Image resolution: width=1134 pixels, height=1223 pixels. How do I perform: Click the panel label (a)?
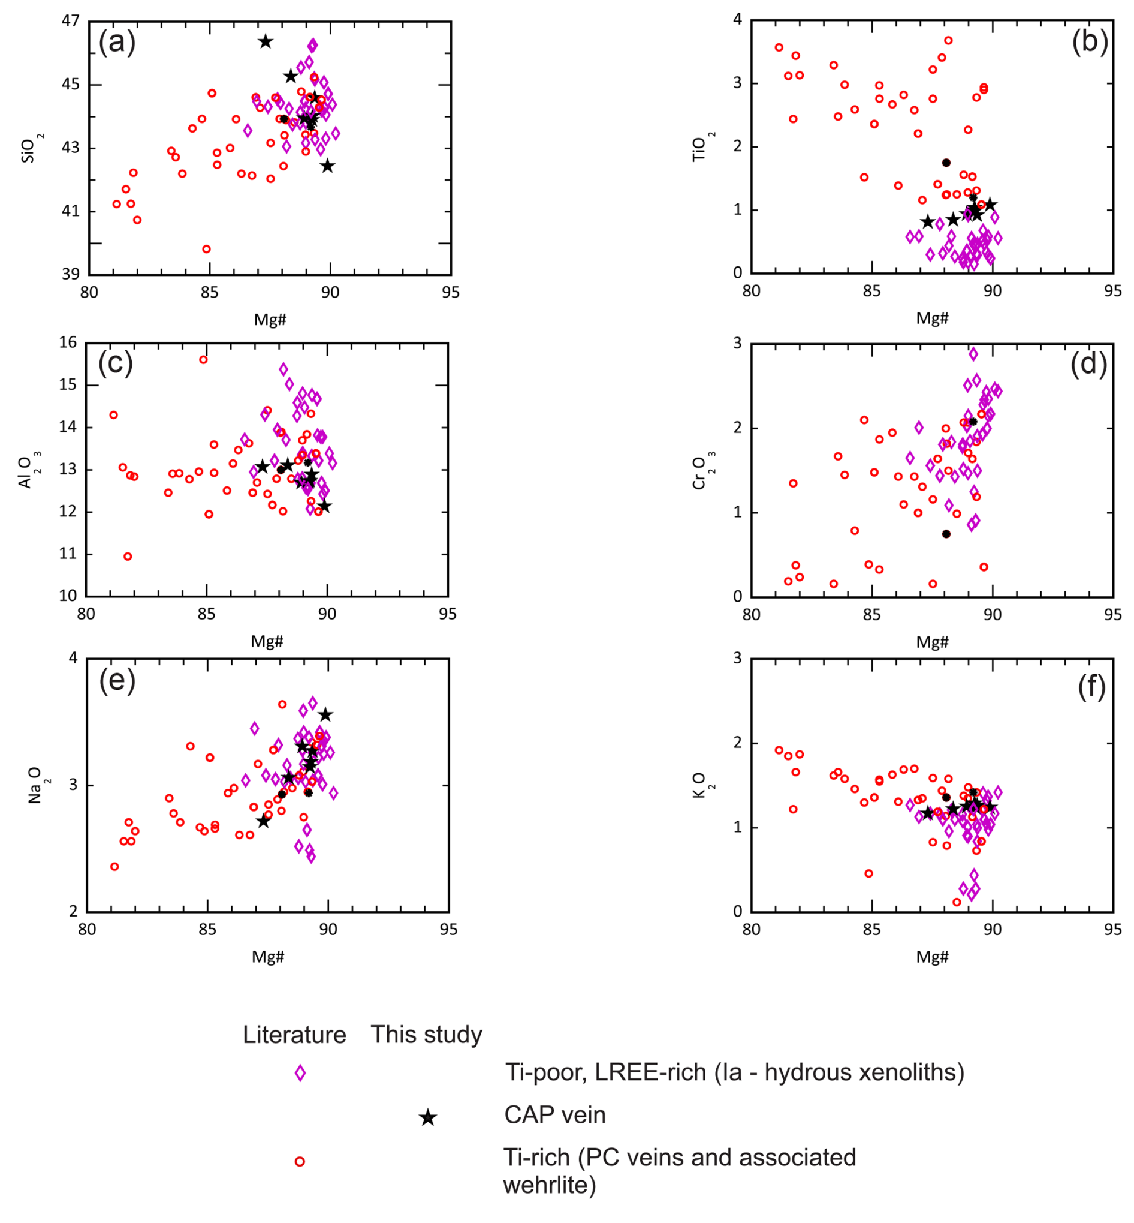coord(117,43)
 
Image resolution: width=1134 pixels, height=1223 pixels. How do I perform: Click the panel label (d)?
coord(1088,364)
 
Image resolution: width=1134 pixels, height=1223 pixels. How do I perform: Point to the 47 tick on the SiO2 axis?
coord(71,21)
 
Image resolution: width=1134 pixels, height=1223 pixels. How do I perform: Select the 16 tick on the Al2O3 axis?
coord(68,342)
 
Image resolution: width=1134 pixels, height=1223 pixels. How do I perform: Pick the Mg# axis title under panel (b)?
coord(932,318)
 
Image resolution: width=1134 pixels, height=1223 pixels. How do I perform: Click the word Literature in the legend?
coord(294,1035)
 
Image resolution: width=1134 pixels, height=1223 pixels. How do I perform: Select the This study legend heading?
coord(427,1035)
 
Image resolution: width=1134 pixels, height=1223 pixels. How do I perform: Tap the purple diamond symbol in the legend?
coord(300,1073)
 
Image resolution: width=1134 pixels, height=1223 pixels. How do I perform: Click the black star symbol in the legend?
coord(428,1118)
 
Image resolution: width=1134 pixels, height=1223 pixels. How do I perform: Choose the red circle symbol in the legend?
coord(300,1162)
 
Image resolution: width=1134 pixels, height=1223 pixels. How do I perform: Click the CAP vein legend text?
coord(555,1115)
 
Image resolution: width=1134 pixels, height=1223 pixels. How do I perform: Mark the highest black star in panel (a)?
coord(265,42)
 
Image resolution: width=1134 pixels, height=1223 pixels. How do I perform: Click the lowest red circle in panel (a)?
coord(207,250)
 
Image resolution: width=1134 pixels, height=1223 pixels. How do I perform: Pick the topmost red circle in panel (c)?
coord(204,360)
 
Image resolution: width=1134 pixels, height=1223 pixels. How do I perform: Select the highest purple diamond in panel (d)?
coord(973,354)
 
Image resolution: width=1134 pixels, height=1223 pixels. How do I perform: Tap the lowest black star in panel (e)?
coord(263,822)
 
